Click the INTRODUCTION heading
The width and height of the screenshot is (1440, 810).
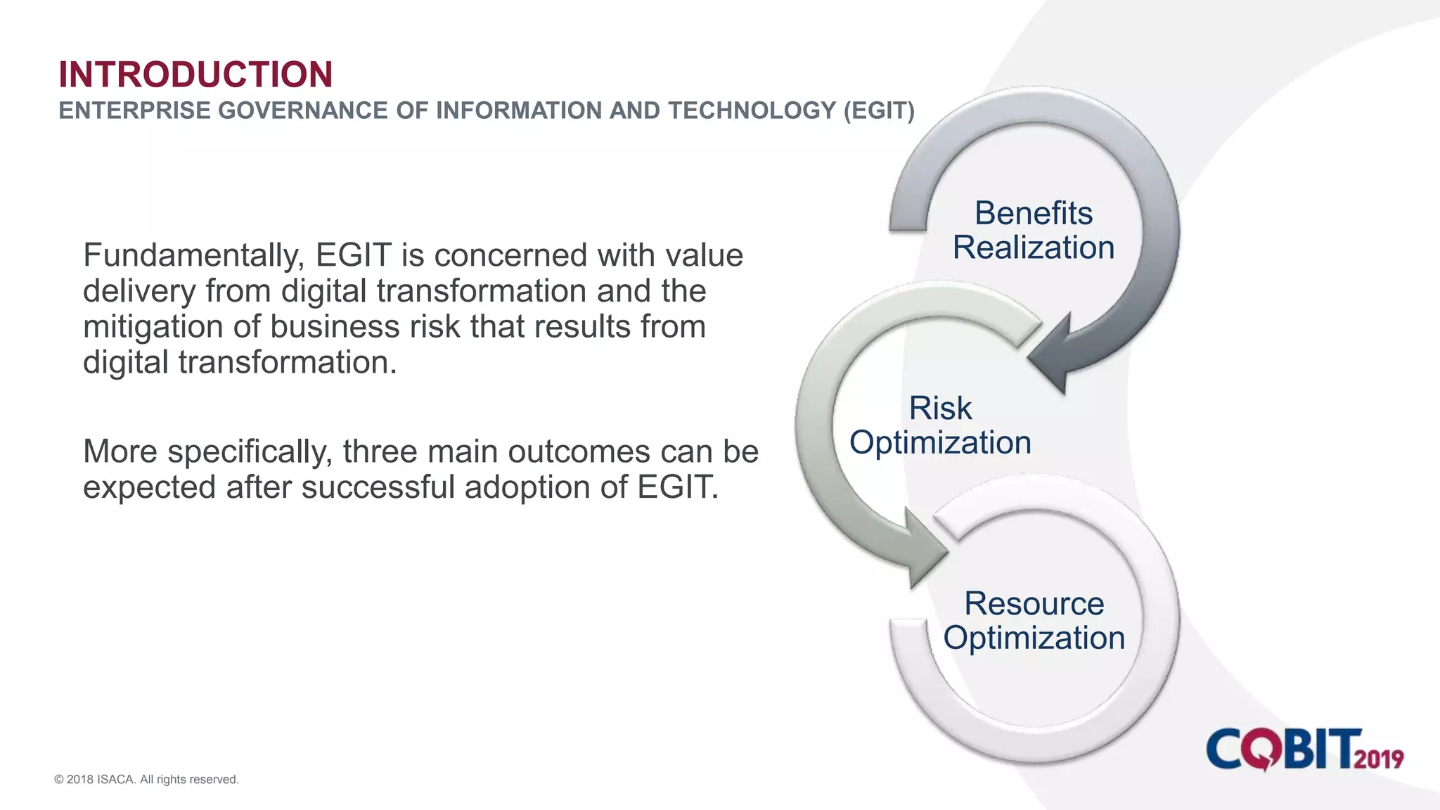click(x=195, y=75)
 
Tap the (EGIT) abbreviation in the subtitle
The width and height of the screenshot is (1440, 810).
click(x=879, y=110)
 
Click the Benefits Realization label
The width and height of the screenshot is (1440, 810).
click(x=1033, y=231)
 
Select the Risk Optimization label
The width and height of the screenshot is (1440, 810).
click(x=940, y=425)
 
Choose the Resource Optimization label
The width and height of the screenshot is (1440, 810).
click(x=1034, y=621)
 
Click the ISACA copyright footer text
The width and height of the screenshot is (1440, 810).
click(x=147, y=779)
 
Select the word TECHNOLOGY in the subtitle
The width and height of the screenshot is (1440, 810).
click(x=752, y=110)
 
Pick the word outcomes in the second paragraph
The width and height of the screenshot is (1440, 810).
click(x=579, y=452)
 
